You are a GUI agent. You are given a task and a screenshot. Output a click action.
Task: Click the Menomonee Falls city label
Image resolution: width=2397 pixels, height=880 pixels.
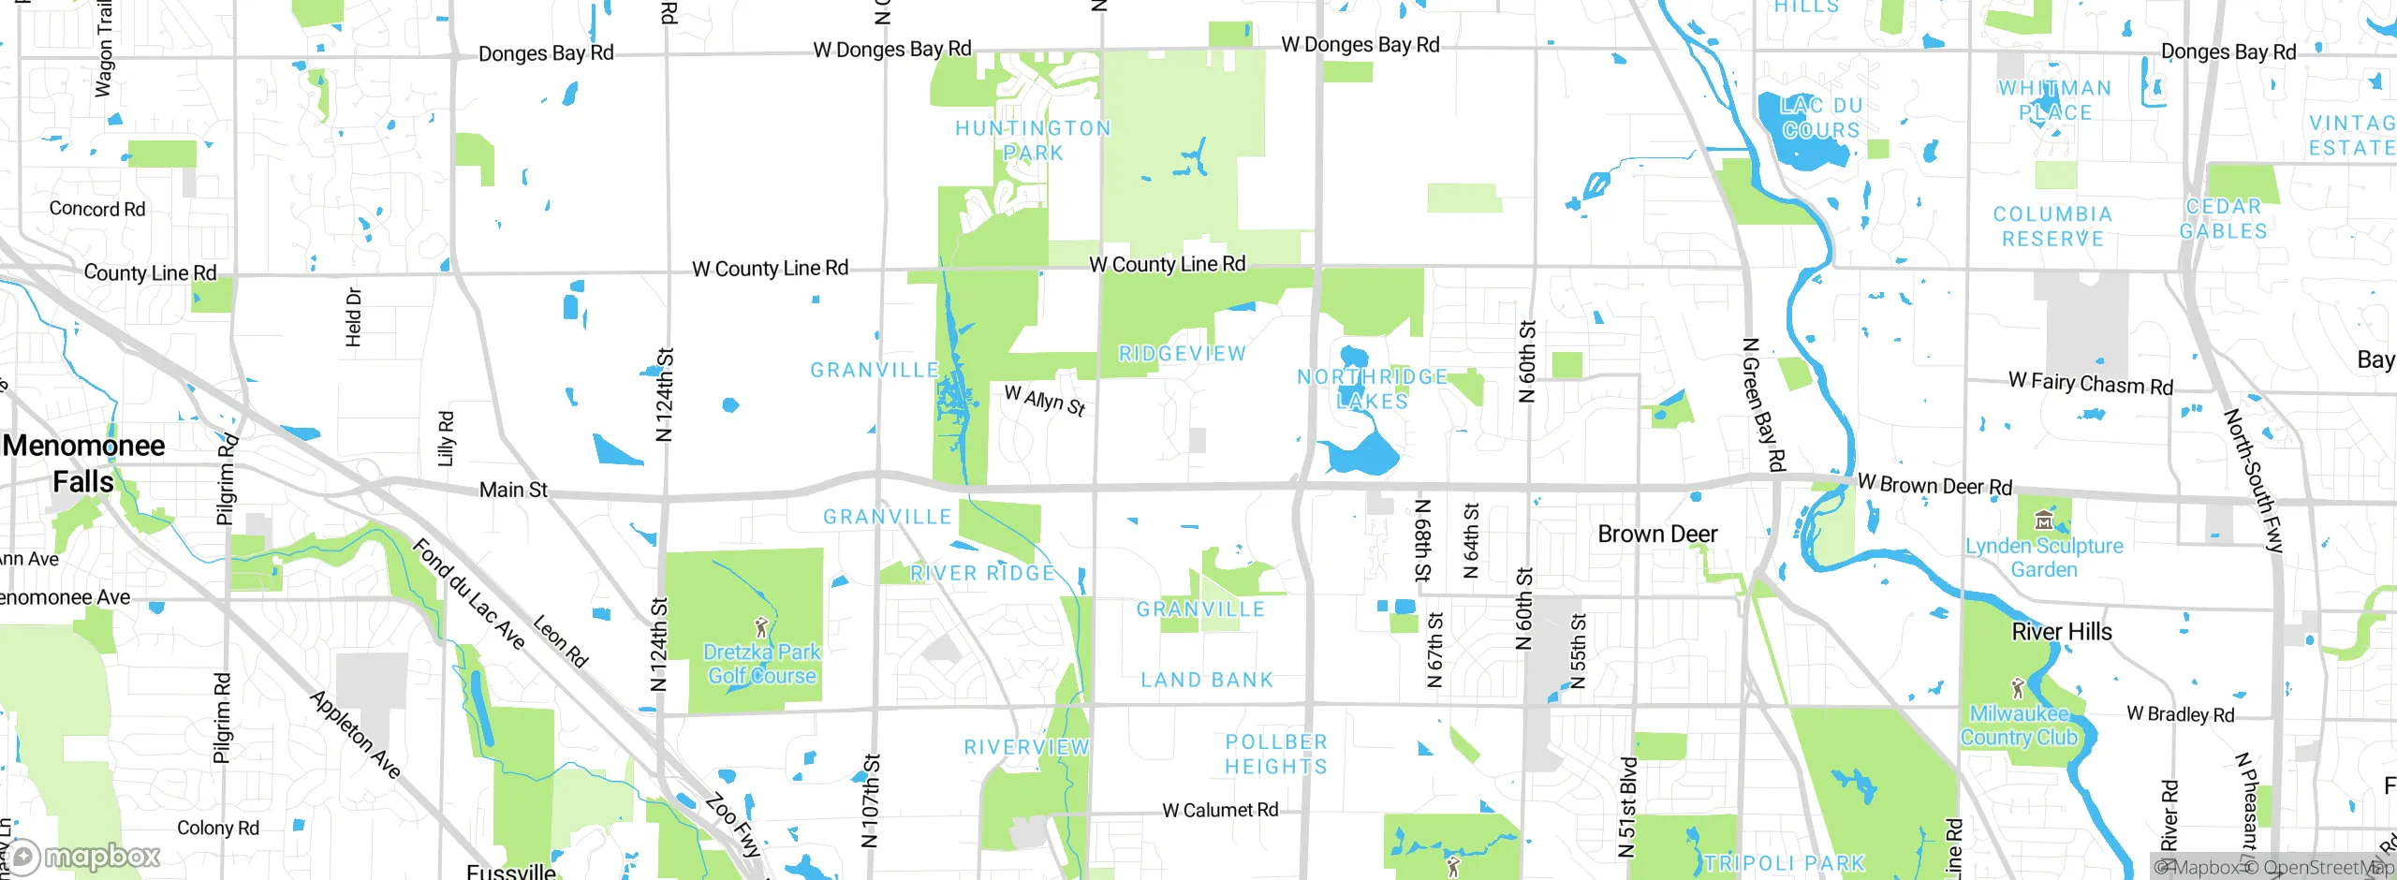[84, 463]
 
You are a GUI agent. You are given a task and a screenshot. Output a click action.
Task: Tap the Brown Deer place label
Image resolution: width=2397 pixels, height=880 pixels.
[1657, 535]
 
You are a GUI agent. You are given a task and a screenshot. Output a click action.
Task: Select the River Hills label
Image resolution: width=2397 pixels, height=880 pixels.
[2062, 632]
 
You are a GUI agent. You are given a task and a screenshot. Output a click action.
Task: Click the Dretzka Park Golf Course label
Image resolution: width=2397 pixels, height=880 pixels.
[761, 664]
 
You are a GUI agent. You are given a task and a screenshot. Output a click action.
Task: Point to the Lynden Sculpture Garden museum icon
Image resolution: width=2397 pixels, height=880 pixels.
[2044, 521]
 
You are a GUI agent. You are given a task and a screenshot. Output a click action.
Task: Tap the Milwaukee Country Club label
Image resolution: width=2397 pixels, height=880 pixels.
[2019, 726]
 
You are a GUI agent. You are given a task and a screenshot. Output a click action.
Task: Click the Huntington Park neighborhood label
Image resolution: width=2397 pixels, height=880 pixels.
[1033, 140]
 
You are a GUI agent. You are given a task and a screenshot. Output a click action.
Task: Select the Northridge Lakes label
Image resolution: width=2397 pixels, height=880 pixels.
[1373, 389]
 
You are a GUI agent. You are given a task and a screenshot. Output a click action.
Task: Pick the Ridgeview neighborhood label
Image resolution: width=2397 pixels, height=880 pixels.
[1183, 354]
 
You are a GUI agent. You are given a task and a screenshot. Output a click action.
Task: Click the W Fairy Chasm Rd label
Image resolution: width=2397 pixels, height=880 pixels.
[2091, 383]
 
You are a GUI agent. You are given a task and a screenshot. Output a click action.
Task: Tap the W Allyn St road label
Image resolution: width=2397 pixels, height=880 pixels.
[1045, 400]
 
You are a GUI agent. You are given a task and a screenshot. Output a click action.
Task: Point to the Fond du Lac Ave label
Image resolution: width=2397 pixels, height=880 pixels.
[468, 594]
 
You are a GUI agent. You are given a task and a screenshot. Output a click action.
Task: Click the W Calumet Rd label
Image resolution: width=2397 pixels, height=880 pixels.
[1220, 810]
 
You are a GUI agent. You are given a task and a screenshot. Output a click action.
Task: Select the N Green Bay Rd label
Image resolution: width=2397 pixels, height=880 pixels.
[1763, 404]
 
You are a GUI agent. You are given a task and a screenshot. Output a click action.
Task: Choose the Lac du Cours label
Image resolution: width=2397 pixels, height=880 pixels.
[1821, 118]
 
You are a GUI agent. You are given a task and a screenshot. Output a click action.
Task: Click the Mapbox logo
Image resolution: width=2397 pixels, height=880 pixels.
[84, 856]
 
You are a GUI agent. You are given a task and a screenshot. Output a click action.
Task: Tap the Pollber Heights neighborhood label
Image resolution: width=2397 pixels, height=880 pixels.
[1276, 754]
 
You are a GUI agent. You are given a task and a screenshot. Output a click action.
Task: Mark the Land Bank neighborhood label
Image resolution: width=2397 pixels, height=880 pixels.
[1207, 680]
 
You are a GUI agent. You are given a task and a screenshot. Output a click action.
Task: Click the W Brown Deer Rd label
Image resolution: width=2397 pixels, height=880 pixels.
[1934, 485]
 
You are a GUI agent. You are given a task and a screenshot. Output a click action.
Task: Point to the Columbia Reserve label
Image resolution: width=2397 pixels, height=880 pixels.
[2052, 227]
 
